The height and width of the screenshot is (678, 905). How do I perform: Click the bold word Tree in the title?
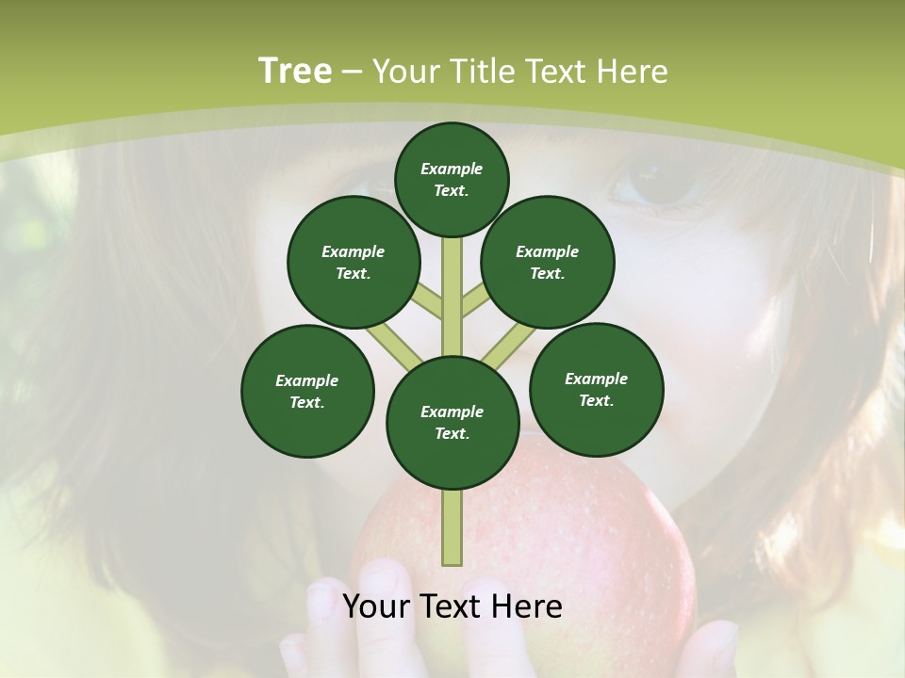pos(295,72)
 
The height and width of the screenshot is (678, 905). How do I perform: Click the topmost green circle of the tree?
pos(452,179)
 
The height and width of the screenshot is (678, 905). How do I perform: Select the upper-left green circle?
pos(354,262)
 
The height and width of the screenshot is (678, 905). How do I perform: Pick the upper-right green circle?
pos(548,262)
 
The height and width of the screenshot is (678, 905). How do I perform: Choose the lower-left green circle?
pos(307,391)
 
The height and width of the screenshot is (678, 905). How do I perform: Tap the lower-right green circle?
pos(597,389)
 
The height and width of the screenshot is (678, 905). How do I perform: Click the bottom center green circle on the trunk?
pos(452,422)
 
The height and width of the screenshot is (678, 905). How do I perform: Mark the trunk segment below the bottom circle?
pos(452,527)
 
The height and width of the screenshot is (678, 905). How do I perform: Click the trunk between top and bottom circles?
pos(452,297)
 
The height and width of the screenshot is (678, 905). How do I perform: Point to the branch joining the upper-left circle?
pos(427,303)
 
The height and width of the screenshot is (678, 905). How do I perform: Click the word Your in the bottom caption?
pos(374,606)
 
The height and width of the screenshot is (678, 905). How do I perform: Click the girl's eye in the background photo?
pos(660,184)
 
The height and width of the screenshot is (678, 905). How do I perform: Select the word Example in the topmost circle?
pos(452,169)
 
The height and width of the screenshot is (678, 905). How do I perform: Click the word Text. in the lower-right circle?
pos(597,400)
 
